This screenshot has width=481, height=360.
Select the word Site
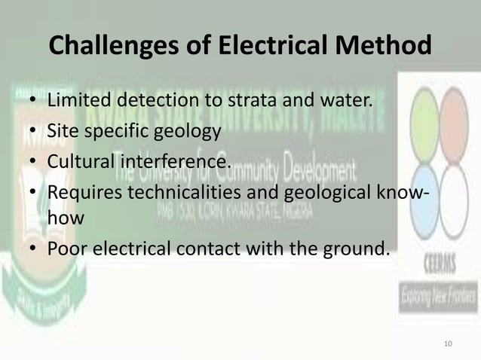click(61, 131)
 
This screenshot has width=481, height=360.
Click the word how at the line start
click(63, 218)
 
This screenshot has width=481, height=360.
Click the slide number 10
click(449, 344)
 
